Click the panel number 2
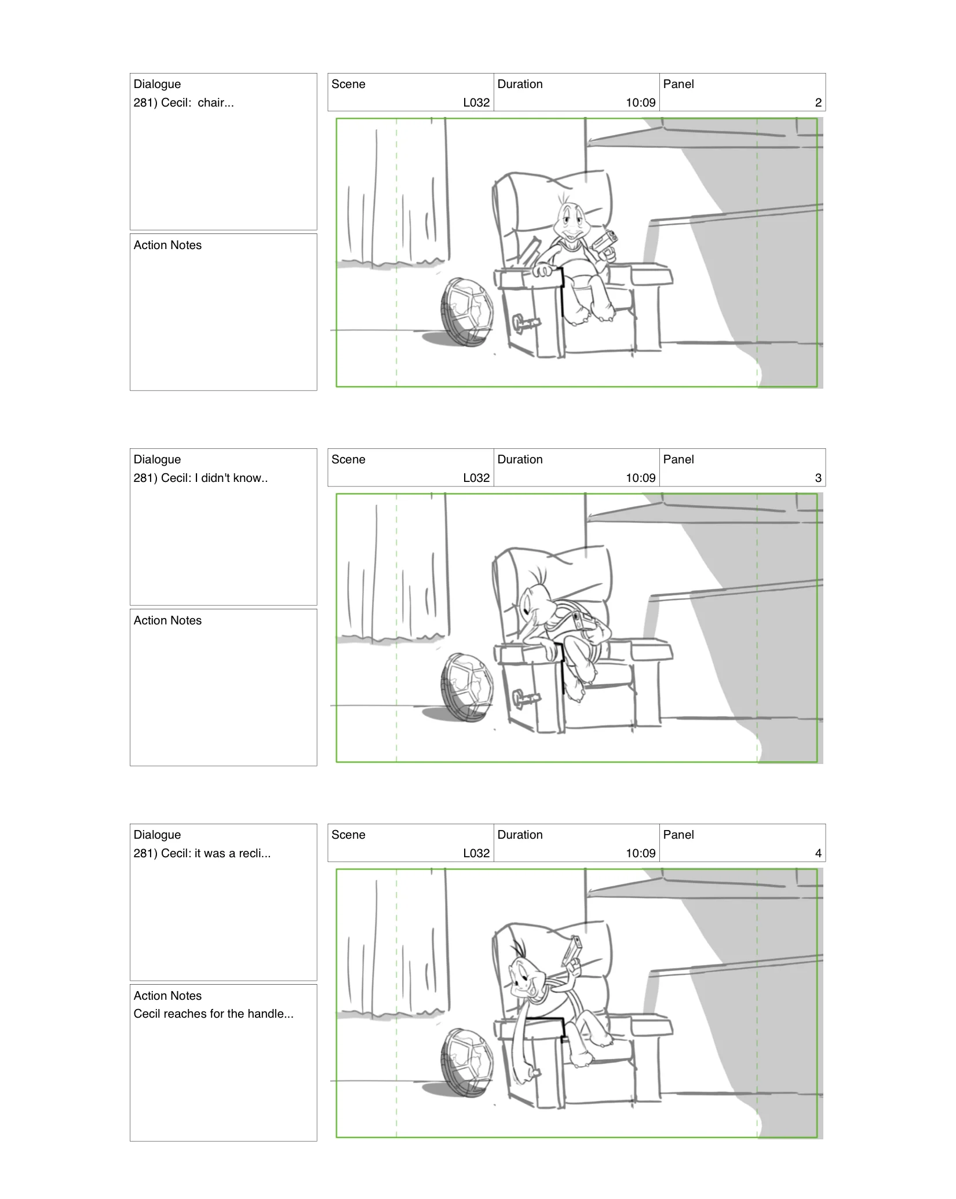coord(818,103)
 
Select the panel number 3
coord(818,478)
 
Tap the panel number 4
coord(818,854)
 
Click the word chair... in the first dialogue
coord(216,103)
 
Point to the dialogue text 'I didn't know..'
coord(231,478)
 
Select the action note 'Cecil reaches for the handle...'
coord(213,1014)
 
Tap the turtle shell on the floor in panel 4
coord(467,1062)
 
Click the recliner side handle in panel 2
coord(526,322)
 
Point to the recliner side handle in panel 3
coord(526,697)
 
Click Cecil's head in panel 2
coord(570,220)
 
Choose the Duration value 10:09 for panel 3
coord(640,478)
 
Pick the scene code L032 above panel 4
coord(476,854)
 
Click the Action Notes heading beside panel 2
coord(167,246)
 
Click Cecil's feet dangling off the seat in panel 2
coord(591,315)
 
